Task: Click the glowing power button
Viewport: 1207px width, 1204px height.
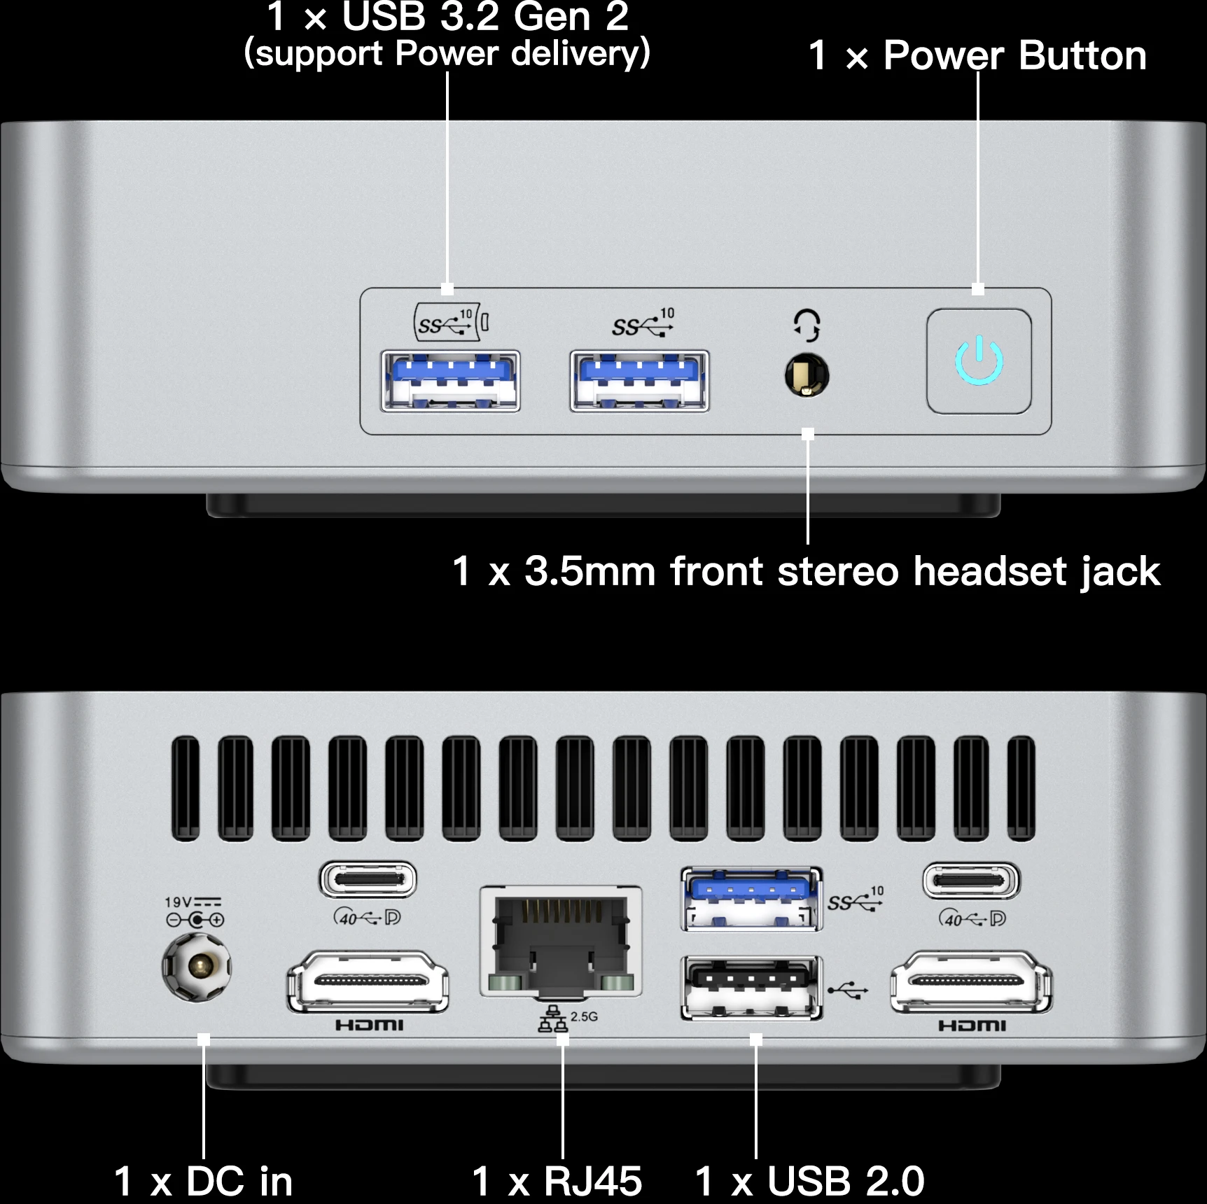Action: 979,361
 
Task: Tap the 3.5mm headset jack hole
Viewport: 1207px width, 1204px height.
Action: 807,374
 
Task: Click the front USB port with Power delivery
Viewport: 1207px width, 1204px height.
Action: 450,381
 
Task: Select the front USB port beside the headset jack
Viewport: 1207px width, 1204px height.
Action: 639,381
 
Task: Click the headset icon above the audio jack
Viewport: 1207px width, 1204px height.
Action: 807,325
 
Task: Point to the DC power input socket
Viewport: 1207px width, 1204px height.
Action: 197,967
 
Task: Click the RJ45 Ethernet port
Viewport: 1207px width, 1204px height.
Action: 561,941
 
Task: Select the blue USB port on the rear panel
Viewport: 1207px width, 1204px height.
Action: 751,899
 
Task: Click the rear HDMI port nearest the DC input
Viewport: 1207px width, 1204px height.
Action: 368,981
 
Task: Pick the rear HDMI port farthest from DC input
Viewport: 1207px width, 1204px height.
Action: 971,981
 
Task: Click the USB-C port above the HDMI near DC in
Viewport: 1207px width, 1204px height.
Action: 368,880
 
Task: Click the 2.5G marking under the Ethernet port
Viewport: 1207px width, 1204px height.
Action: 584,1016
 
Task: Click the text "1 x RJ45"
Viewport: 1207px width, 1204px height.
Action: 557,1182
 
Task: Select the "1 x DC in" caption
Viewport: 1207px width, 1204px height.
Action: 203,1182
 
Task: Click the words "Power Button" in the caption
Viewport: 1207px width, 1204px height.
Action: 1015,55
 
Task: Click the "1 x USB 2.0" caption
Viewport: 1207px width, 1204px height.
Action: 810,1182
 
